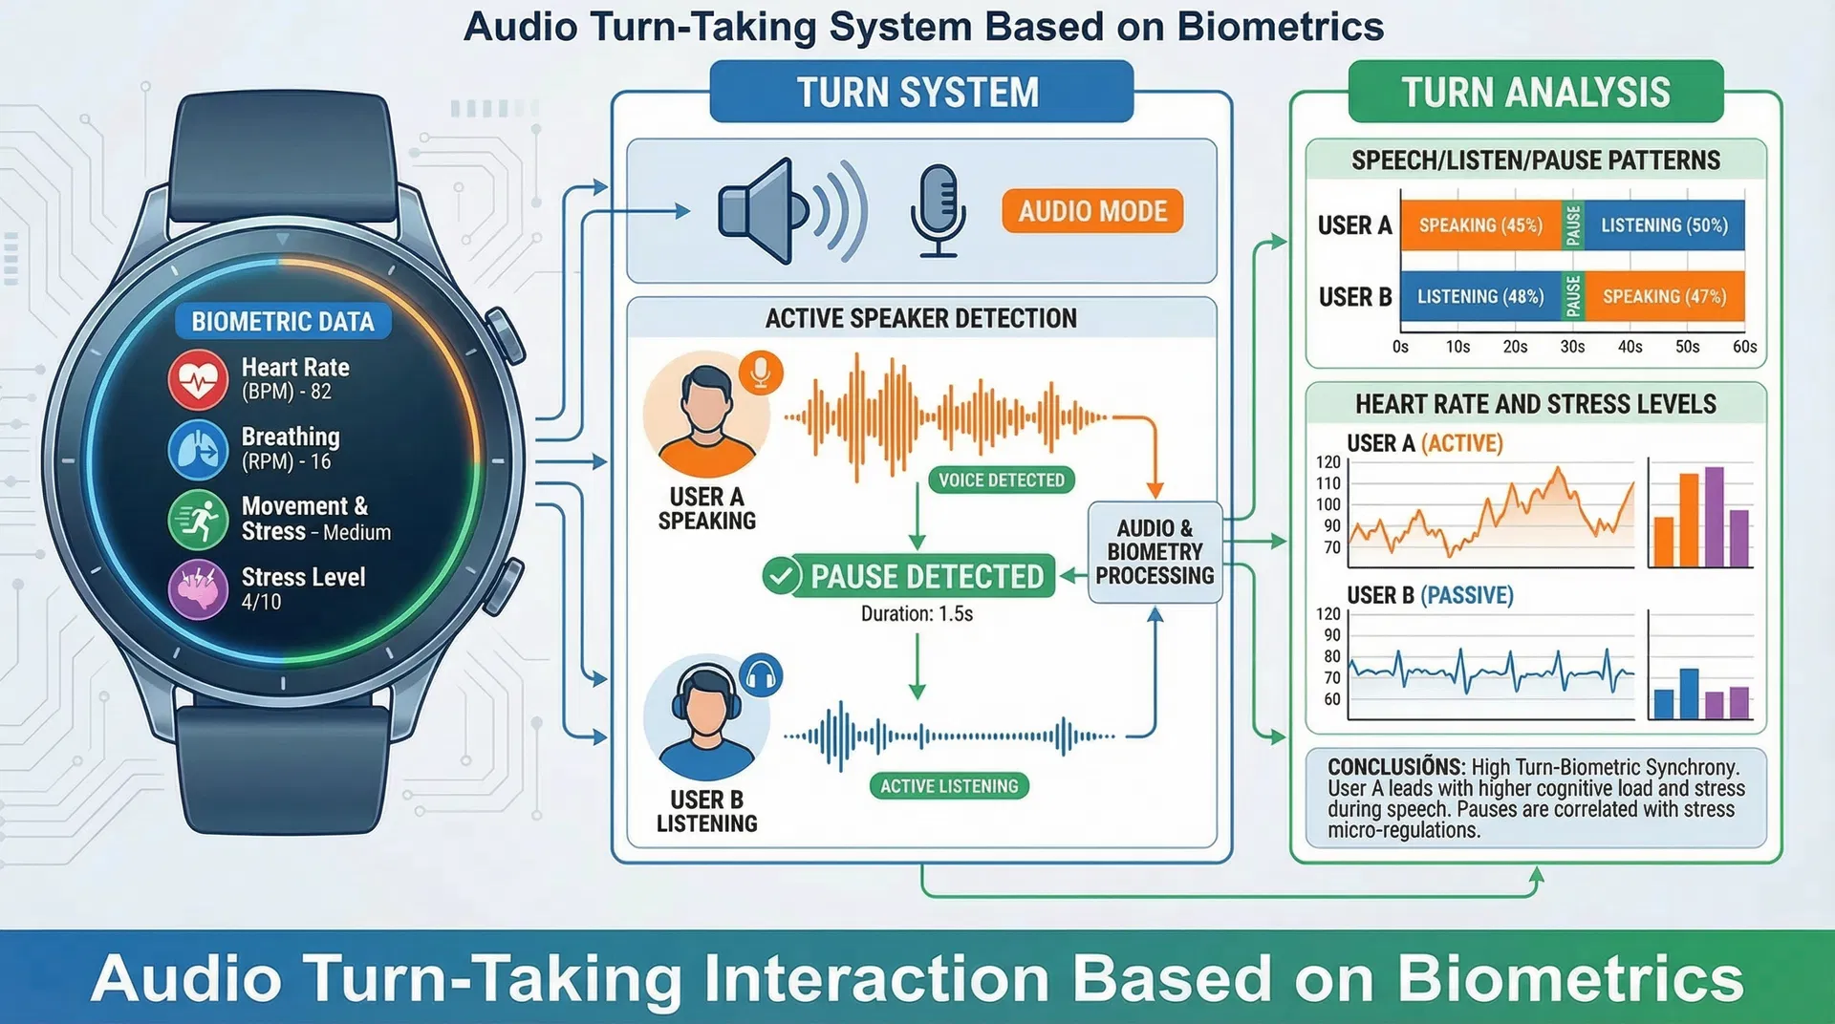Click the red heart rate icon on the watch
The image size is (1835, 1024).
point(198,379)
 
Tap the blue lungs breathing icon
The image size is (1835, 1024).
point(198,449)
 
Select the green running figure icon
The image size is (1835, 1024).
point(198,520)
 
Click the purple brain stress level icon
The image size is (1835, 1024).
point(198,589)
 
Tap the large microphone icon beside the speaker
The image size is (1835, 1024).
point(938,211)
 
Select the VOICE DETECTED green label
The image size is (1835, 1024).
point(1001,480)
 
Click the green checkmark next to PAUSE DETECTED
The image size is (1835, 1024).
point(781,577)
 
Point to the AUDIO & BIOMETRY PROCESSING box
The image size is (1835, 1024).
point(1155,552)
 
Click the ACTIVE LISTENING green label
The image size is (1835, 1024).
point(949,786)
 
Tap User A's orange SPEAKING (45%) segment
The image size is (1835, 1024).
point(1479,225)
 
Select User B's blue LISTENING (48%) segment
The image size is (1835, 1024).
point(1479,297)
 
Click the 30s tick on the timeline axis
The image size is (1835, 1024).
point(1572,347)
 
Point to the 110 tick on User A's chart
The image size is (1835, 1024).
point(1328,483)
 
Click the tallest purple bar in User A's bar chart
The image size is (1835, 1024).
point(1715,517)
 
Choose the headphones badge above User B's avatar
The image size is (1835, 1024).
point(761,676)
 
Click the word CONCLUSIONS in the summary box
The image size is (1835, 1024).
point(1395,767)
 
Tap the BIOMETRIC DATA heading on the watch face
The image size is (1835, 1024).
point(283,322)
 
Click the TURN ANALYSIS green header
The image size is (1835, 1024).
point(1535,93)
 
